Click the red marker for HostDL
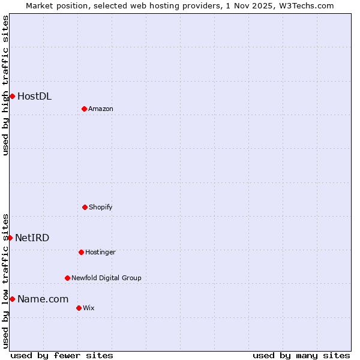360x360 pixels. point(12,96)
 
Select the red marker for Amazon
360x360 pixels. point(84,109)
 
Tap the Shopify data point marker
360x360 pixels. point(85,207)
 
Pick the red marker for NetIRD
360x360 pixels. point(10,238)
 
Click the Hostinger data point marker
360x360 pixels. point(81,252)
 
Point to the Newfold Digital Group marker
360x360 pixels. point(67,278)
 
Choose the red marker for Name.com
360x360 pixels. point(12,299)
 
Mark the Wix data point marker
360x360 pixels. point(79,308)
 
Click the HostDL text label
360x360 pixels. point(34,96)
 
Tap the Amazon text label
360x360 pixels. point(101,109)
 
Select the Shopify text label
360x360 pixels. point(101,207)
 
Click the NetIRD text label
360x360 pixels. point(32,238)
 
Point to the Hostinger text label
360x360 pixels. point(100,252)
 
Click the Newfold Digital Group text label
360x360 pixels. point(106,278)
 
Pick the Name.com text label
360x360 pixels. point(43,299)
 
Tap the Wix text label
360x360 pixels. point(89,308)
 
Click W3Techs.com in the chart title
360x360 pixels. point(305,5)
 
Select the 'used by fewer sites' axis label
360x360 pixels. point(62,355)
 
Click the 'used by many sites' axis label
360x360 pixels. point(301,355)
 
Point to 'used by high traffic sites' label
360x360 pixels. point(5,85)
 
